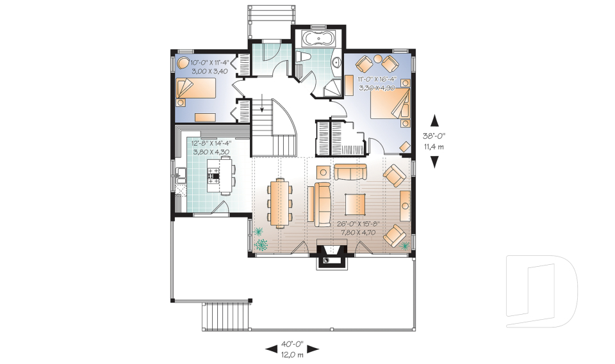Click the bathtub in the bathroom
(x=319, y=40)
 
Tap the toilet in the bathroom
(x=303, y=57)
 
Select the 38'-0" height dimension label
(x=434, y=136)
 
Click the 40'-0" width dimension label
(x=292, y=344)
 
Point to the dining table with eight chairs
(x=280, y=203)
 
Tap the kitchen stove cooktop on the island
(x=213, y=175)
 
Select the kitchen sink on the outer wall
(x=181, y=175)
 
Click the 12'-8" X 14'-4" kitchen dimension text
(x=211, y=143)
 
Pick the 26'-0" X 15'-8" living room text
(x=358, y=225)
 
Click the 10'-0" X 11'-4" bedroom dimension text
(x=209, y=62)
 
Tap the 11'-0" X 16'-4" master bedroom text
(x=377, y=79)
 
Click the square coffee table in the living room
(x=356, y=205)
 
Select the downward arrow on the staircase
(x=262, y=102)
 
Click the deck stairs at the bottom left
(x=226, y=315)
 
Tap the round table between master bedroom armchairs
(x=378, y=59)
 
